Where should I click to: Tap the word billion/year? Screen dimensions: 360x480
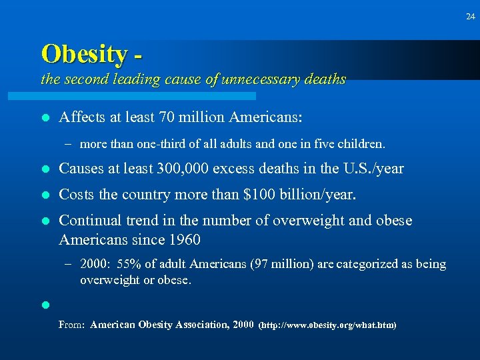pos(323,195)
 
